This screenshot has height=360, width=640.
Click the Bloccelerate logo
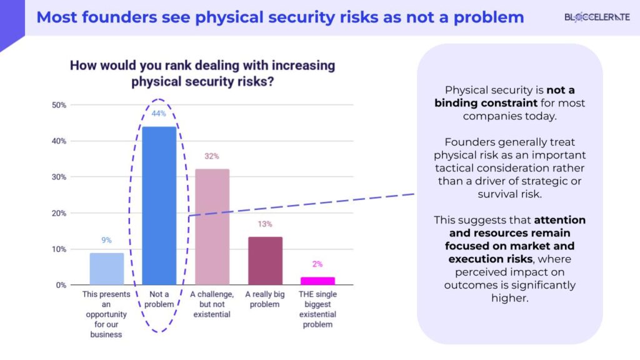(x=597, y=17)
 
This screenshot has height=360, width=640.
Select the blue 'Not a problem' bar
(x=159, y=206)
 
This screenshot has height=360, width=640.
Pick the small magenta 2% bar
(x=317, y=281)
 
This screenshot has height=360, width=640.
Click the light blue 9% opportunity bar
(x=107, y=269)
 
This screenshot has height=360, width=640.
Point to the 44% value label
(x=159, y=114)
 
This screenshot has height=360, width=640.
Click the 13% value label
(x=265, y=224)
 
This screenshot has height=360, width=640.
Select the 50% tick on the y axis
(x=59, y=105)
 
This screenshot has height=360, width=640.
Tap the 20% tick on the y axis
(x=59, y=213)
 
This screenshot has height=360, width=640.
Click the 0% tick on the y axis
(x=61, y=285)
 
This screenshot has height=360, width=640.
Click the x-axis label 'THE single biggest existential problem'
(x=317, y=309)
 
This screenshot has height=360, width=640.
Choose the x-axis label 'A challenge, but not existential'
(x=212, y=304)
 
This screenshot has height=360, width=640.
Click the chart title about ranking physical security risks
(x=202, y=73)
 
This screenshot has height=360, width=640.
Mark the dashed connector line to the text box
(x=300, y=204)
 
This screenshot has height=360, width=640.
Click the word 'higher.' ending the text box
(x=509, y=297)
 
